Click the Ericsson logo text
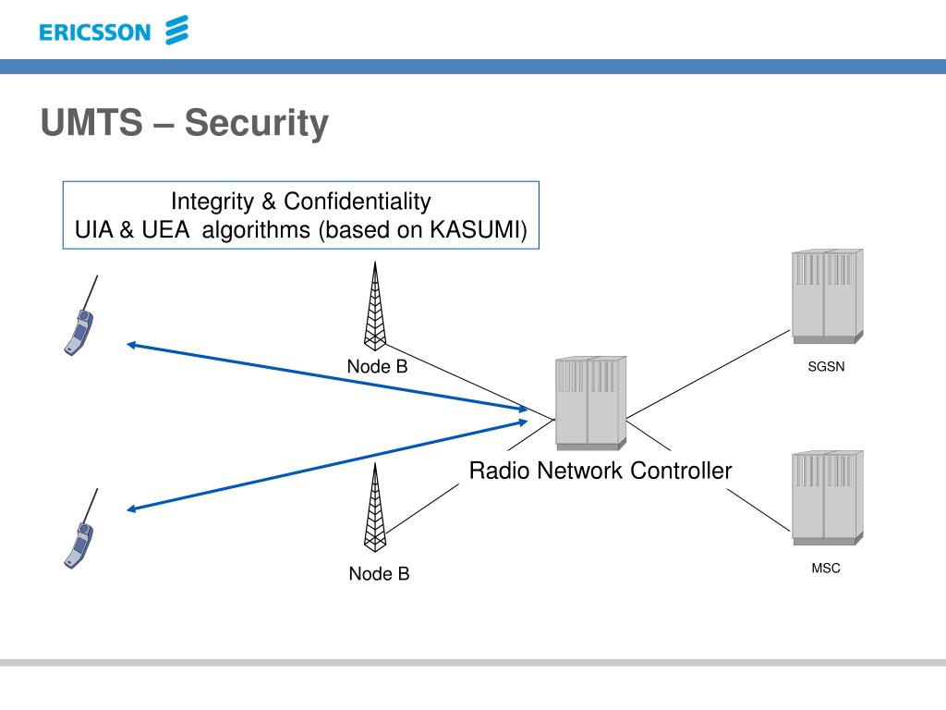coord(95,32)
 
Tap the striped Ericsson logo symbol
coord(176,31)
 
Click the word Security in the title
coord(257,123)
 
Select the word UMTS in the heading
coord(91,122)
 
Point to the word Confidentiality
coord(358,201)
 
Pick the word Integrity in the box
coord(212,202)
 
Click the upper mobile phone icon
coord(81,316)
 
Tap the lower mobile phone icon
coord(81,529)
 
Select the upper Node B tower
coord(375,306)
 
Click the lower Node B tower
coord(375,508)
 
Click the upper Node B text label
coord(377,366)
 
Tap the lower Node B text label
coord(379,573)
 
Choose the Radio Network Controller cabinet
coord(590,403)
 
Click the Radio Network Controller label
coord(600,471)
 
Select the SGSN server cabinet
coord(827,296)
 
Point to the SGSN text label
coord(826,366)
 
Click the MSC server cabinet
coord(827,497)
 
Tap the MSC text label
coord(826,569)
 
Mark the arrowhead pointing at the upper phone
coord(131,346)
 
